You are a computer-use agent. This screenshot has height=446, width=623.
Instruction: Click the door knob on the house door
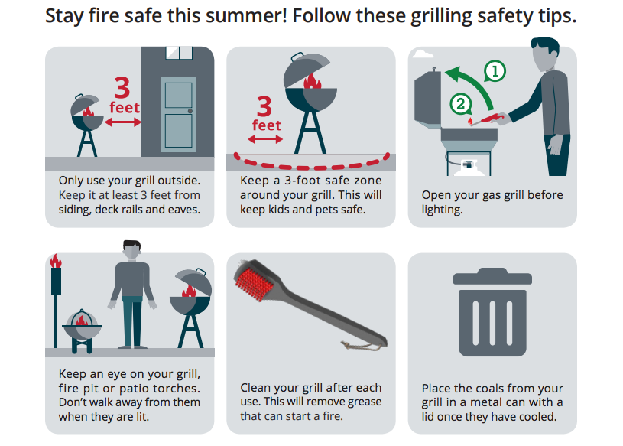click(190, 111)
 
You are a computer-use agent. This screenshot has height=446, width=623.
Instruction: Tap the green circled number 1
click(495, 71)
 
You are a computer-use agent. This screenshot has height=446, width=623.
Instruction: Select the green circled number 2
click(460, 104)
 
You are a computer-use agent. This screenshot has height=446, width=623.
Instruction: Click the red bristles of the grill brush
click(255, 282)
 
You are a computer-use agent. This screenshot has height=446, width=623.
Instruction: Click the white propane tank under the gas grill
click(469, 168)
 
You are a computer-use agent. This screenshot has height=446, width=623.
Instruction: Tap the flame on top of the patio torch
click(56, 261)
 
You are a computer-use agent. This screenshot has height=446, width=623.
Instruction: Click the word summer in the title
click(249, 16)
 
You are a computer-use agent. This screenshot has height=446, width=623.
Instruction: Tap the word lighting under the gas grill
click(443, 210)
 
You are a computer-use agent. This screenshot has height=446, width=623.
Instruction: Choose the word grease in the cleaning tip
click(365, 402)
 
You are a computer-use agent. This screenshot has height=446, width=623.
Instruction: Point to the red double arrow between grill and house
click(123, 122)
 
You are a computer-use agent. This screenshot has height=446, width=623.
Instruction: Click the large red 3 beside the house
click(122, 87)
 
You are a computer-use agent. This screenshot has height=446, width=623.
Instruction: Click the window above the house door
click(179, 53)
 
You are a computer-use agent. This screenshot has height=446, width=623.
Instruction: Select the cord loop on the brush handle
click(361, 347)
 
